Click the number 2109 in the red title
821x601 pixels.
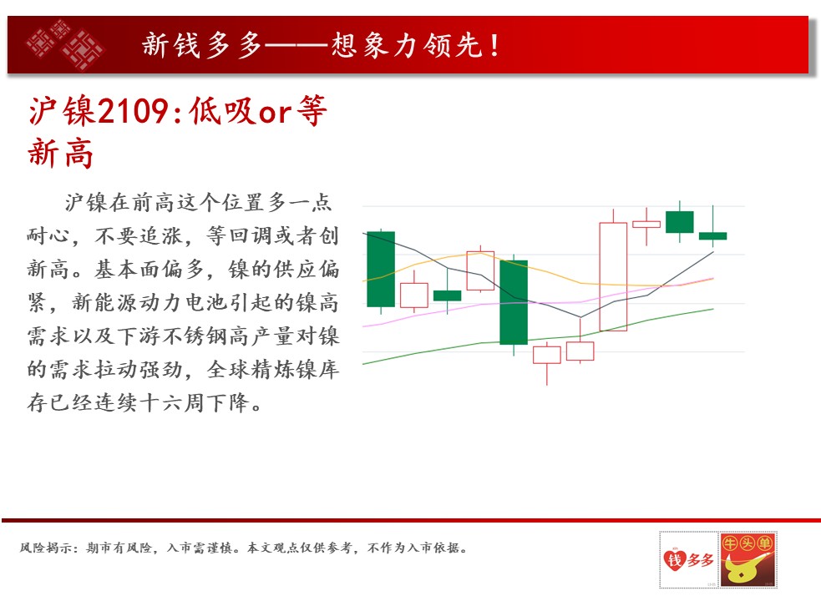click(x=133, y=111)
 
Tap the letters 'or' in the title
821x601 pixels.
click(x=275, y=113)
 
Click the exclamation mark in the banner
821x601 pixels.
click(x=494, y=46)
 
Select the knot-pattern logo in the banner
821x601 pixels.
click(x=65, y=45)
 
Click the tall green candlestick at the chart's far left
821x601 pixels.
click(x=381, y=269)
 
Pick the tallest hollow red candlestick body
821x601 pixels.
click(x=613, y=277)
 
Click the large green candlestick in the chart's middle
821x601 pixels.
click(x=514, y=302)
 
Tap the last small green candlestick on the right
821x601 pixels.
click(x=712, y=235)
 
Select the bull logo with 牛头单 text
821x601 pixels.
click(x=748, y=559)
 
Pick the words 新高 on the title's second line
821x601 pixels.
click(x=61, y=154)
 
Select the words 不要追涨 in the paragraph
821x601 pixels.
click(x=139, y=236)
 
